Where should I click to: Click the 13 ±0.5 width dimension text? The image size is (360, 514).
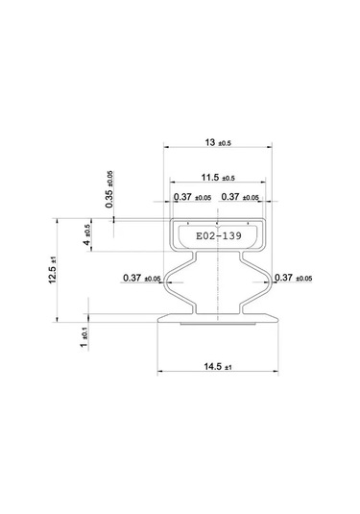218,142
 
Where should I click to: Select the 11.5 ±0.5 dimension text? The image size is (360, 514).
218,178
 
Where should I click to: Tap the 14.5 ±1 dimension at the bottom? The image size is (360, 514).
218,366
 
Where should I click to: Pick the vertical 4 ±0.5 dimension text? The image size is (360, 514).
88,236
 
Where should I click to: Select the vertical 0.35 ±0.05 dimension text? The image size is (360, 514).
110,189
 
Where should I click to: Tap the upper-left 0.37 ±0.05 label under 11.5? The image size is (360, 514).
193,197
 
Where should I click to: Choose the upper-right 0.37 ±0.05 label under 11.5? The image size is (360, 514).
242,197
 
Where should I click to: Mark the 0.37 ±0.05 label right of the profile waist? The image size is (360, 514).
295,279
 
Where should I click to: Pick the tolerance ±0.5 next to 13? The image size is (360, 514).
228,143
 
